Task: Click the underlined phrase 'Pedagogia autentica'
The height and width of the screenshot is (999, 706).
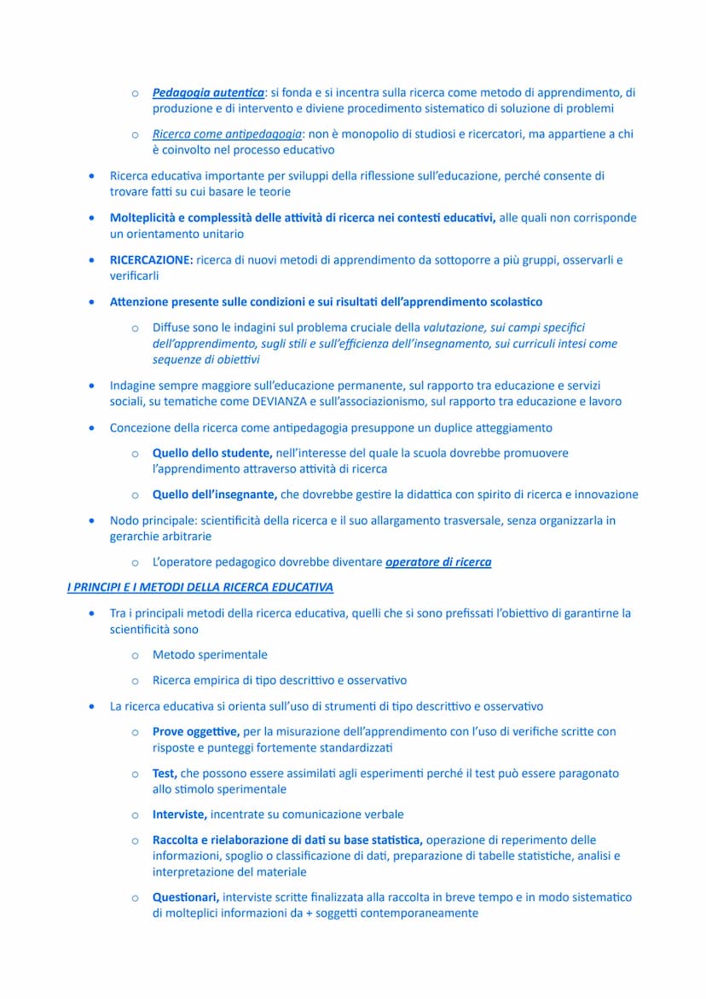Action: click(208, 92)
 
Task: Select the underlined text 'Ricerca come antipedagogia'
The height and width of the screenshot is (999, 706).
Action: click(227, 134)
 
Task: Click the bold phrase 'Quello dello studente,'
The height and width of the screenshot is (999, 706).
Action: click(212, 453)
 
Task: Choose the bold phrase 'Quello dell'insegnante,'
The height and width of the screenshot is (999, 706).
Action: click(215, 495)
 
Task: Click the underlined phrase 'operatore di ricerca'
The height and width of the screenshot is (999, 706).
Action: click(438, 562)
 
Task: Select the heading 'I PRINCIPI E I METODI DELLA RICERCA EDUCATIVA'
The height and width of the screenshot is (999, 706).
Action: click(200, 587)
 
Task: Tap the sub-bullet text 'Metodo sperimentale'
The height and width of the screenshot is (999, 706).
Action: click(210, 655)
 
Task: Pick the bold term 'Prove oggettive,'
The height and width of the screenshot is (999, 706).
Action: click(196, 731)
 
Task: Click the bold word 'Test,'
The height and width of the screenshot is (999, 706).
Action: click(165, 773)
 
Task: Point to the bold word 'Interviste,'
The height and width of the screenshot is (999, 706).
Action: click(180, 815)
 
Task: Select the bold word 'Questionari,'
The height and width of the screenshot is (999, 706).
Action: click(186, 897)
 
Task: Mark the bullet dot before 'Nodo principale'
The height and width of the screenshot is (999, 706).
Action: click(91, 520)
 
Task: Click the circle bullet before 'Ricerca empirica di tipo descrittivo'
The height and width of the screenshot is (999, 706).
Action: click(135, 681)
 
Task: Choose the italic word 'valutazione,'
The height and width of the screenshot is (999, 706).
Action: click(454, 327)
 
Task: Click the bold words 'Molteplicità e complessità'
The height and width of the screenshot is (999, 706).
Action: click(182, 218)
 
